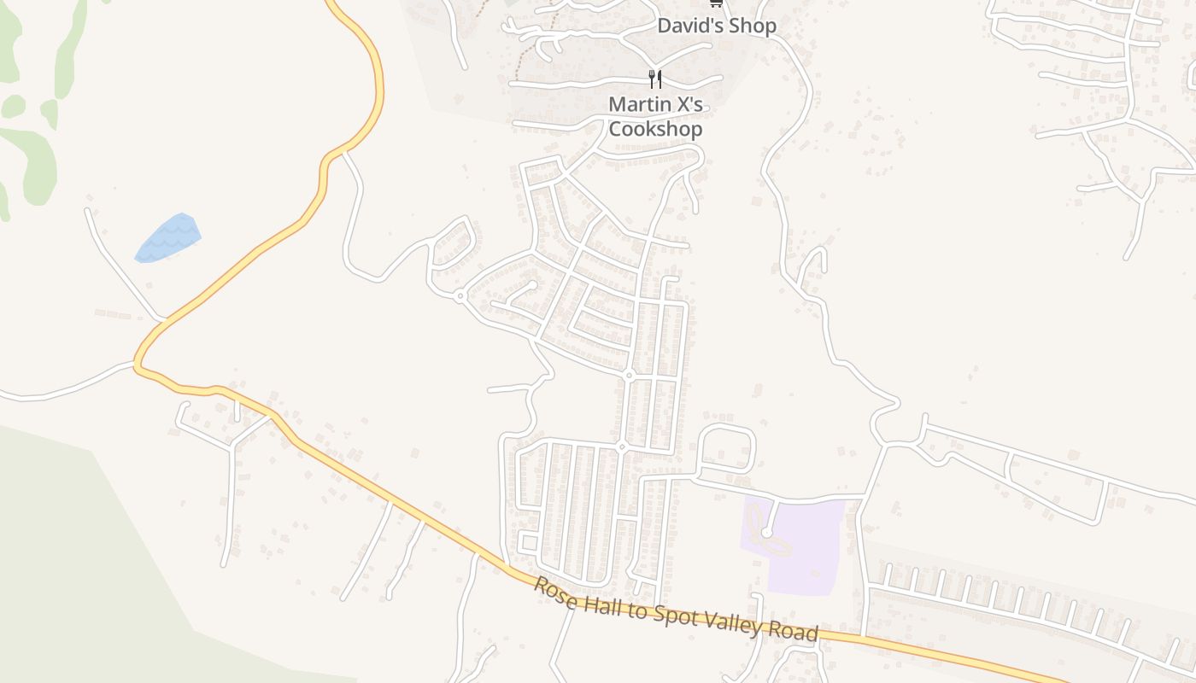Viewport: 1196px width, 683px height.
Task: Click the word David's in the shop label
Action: [x=685, y=26]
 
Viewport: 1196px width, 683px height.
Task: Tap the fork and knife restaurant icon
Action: [x=655, y=79]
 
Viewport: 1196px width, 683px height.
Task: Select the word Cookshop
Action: [x=655, y=129]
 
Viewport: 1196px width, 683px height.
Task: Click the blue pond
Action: [x=168, y=238]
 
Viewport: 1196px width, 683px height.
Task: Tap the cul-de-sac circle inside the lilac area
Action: [x=766, y=533]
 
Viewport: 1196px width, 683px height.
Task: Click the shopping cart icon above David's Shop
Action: [x=716, y=3]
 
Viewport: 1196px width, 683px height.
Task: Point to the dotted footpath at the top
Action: [x=519, y=51]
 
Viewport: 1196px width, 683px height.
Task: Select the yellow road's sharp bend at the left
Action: [x=138, y=363]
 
